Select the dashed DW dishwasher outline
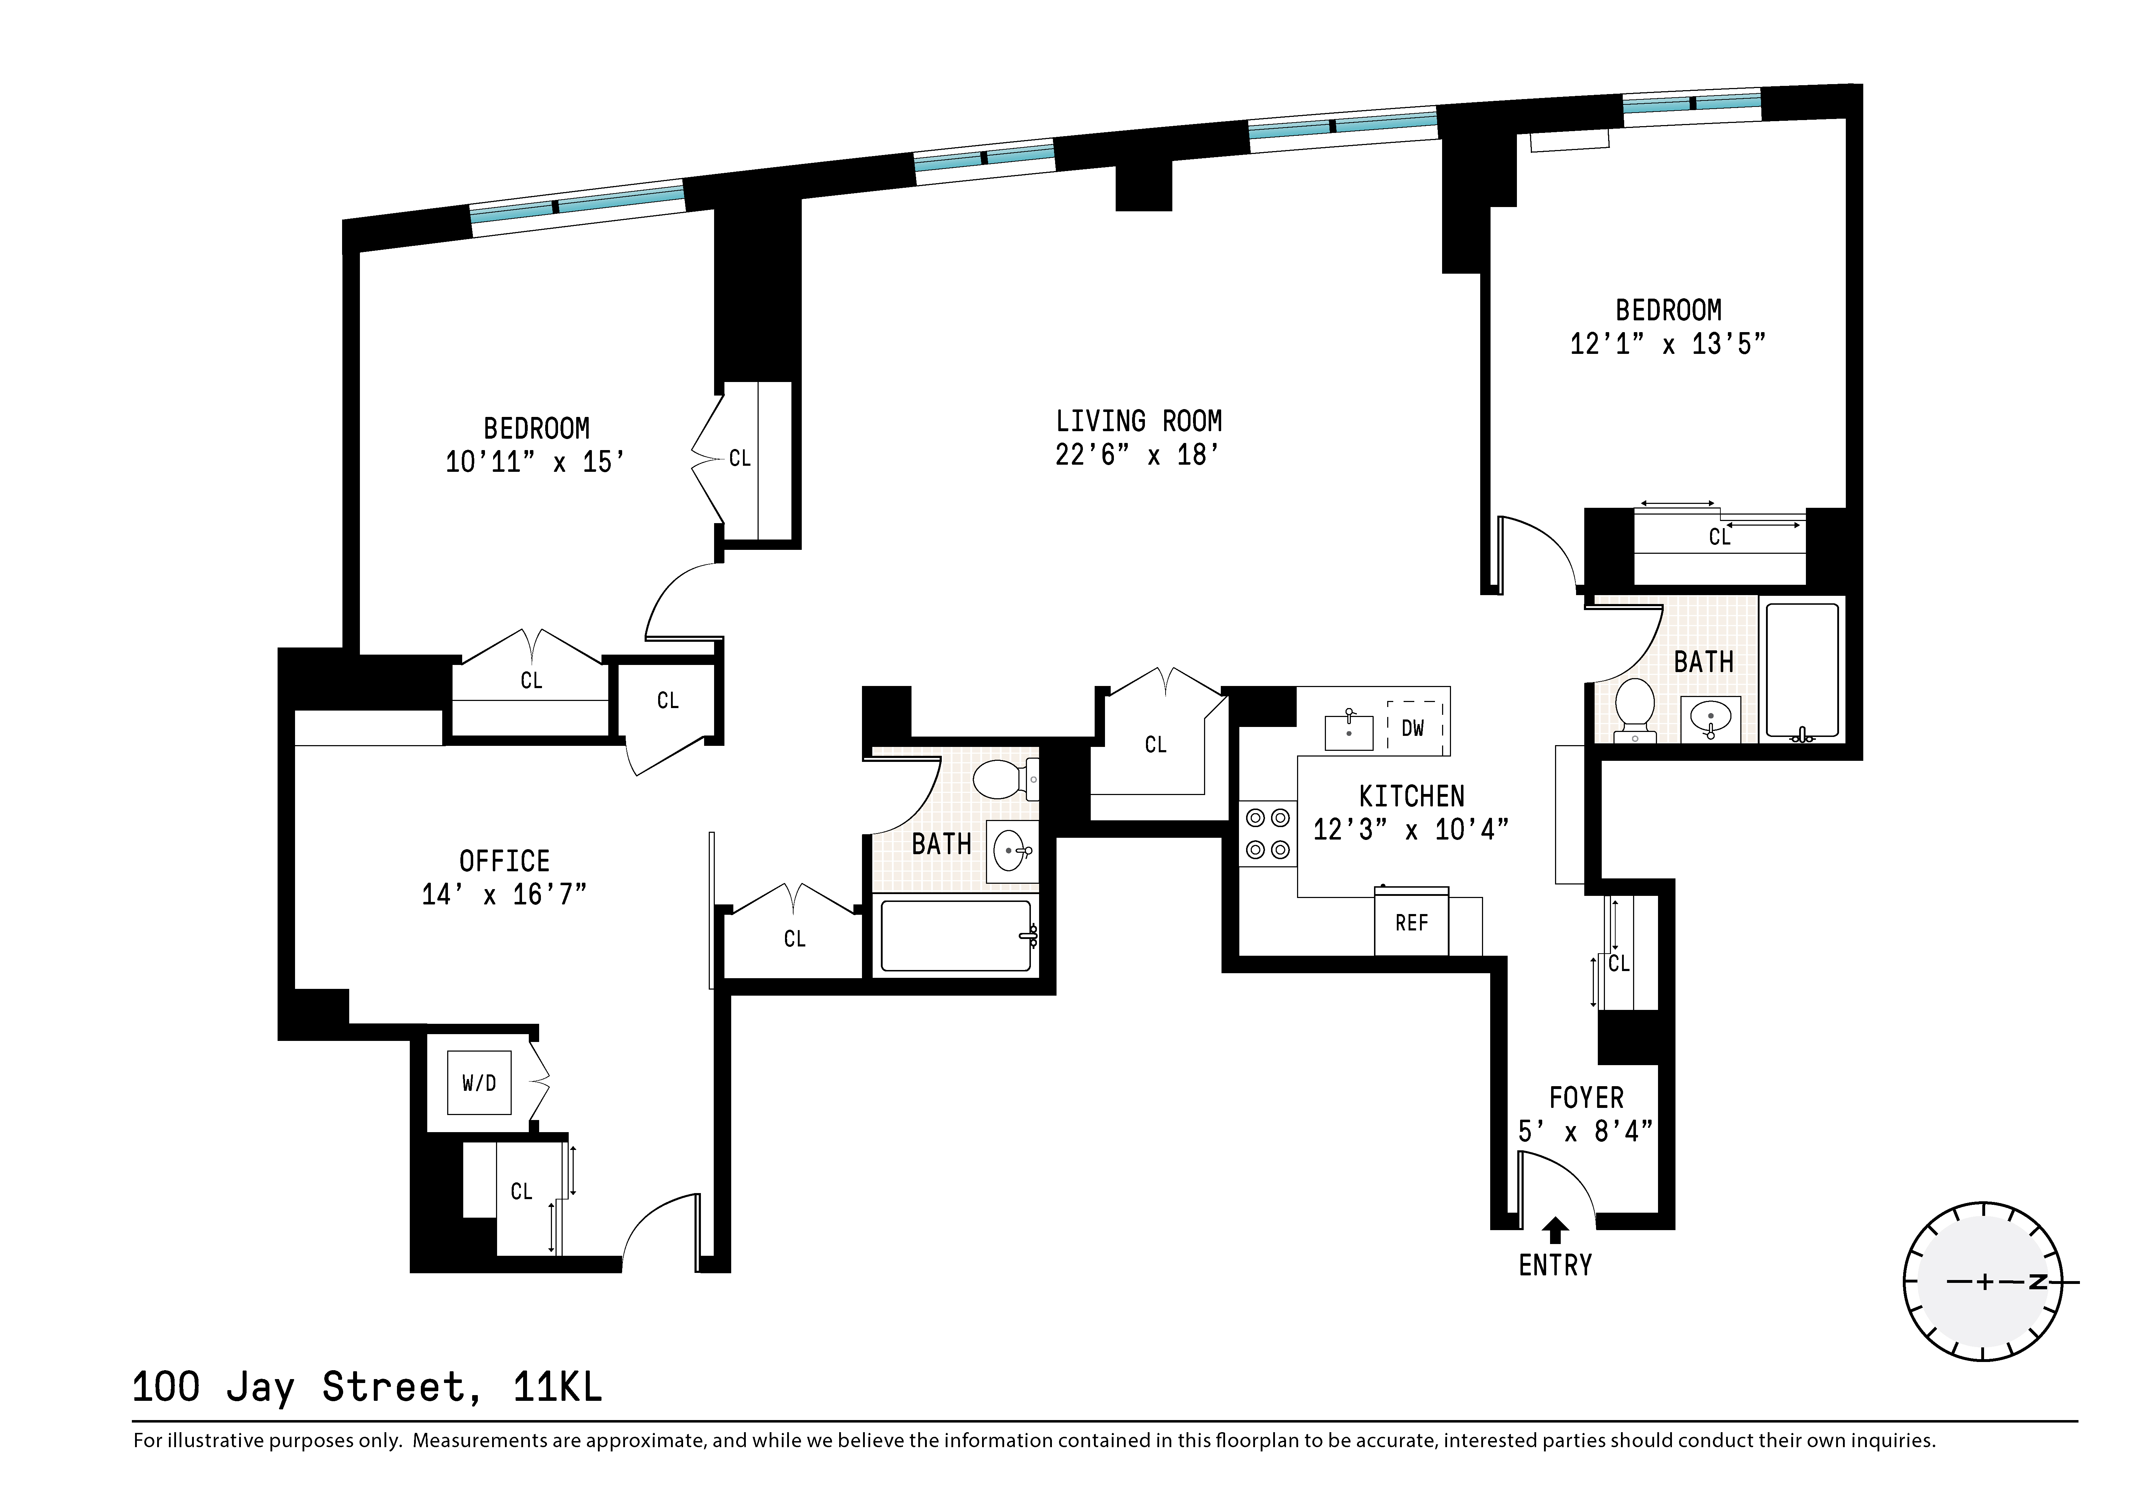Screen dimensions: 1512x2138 (1414, 727)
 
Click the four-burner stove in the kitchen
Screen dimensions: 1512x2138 (1267, 833)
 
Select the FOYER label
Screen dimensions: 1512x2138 (1586, 1098)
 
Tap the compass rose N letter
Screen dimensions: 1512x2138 (2038, 1282)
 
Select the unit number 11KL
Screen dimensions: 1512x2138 (557, 1387)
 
